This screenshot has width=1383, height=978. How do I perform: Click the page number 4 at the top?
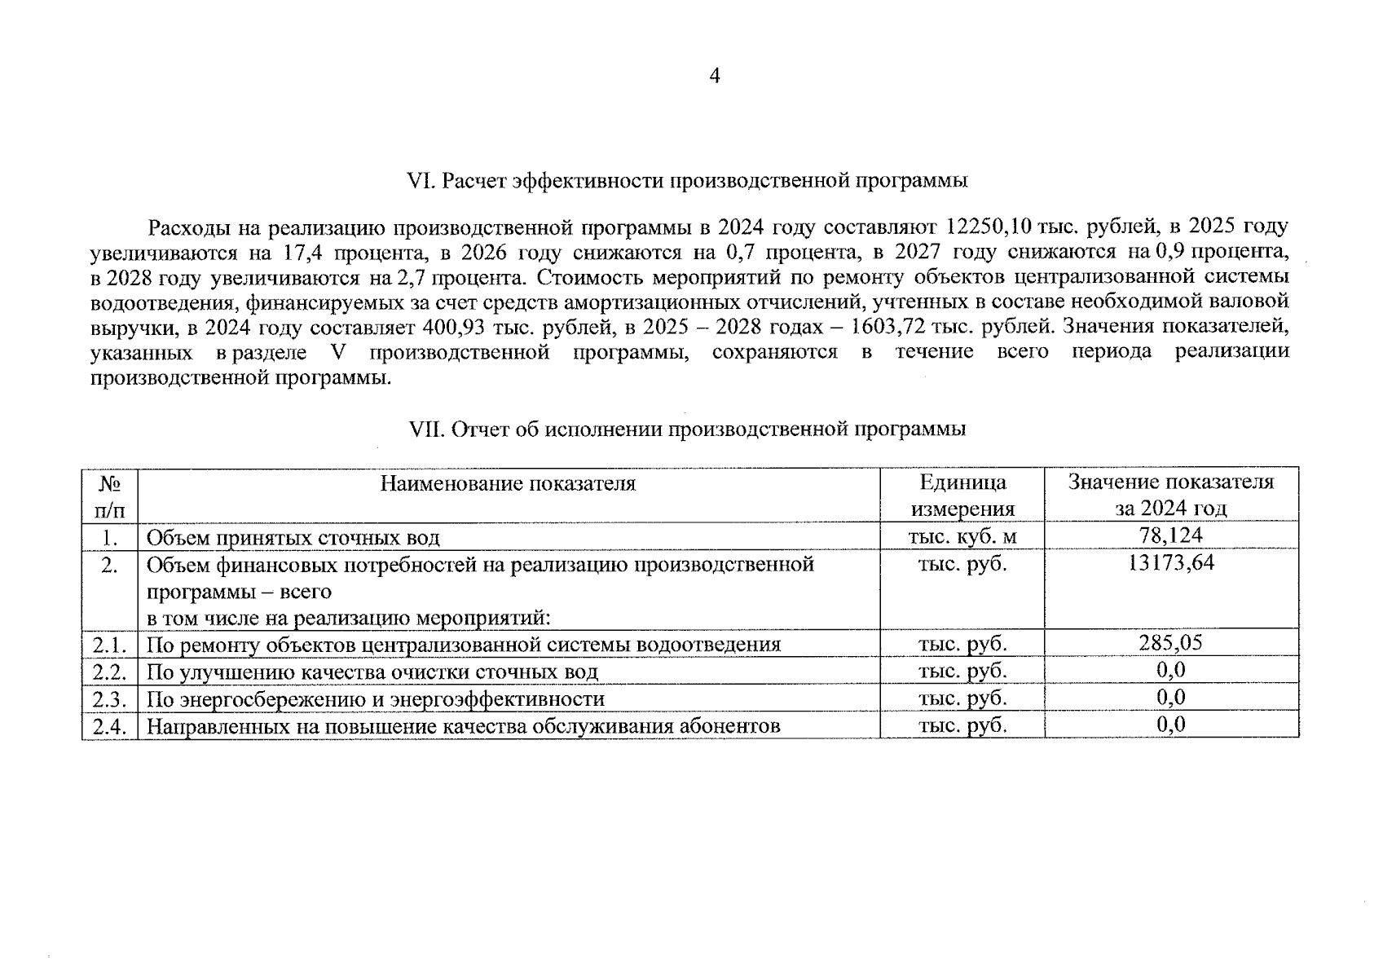point(715,77)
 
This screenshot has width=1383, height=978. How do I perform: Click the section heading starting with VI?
point(686,181)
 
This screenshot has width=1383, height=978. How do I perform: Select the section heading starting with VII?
point(686,430)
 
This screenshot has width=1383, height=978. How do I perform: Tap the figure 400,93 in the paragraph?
point(455,328)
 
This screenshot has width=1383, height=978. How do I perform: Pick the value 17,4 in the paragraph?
point(306,252)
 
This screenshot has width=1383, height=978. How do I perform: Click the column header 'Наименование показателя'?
point(508,483)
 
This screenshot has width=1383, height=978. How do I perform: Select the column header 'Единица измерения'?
point(962,496)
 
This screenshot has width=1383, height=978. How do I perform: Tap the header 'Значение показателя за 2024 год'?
point(1170,496)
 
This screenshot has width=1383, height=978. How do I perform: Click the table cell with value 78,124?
point(1170,535)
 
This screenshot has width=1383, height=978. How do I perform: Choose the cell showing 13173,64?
point(1170,563)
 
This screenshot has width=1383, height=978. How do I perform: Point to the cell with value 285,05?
point(1170,643)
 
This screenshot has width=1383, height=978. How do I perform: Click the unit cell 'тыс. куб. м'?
point(962,536)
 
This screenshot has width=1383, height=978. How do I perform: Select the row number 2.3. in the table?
point(109,699)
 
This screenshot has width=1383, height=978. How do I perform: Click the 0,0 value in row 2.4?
point(1170,725)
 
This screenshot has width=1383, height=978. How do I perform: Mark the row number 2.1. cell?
point(109,645)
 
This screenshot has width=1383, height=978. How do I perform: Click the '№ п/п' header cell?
point(109,496)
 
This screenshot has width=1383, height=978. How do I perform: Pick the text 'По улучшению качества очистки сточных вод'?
point(372,672)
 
